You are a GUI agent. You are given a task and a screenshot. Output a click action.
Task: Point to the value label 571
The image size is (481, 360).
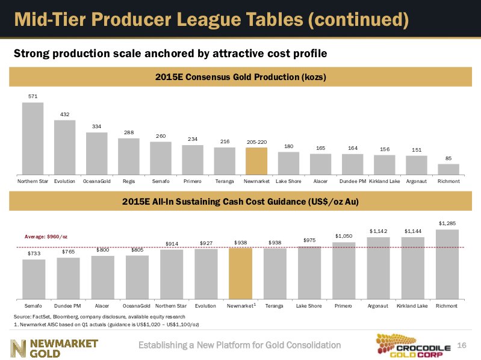(x=33, y=96)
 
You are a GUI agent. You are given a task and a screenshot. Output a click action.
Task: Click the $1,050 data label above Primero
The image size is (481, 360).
(x=343, y=235)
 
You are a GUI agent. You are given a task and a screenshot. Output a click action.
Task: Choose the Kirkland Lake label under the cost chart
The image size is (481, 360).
(x=412, y=306)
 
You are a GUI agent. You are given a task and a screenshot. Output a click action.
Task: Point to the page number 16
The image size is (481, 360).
(x=462, y=345)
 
